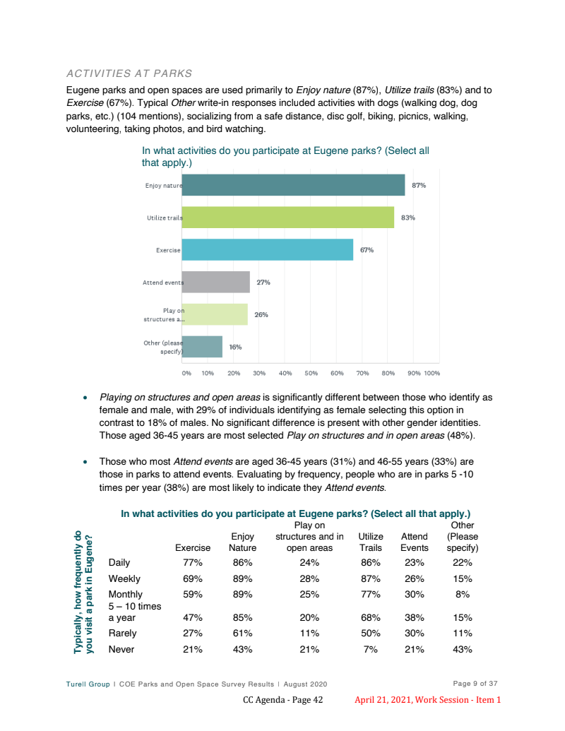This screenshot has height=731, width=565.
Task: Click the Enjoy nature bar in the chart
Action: [293, 185]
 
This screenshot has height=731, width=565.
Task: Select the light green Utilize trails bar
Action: [288, 218]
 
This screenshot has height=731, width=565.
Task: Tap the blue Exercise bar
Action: [268, 250]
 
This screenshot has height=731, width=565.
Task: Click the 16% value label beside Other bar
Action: [235, 347]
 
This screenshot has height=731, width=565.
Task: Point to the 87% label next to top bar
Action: [419, 185]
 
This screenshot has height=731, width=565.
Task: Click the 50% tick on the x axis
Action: [311, 372]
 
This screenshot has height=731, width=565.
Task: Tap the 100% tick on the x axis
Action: [432, 372]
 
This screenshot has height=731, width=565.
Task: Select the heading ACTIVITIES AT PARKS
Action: [129, 73]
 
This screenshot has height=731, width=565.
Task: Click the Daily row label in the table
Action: [119, 563]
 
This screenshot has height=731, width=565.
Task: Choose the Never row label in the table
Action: [121, 649]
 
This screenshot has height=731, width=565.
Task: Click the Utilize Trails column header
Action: [371, 542]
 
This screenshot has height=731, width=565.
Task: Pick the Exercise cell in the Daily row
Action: [193, 563]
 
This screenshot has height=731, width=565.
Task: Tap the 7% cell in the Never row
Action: [371, 649]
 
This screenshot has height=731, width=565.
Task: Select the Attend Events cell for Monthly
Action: [414, 594]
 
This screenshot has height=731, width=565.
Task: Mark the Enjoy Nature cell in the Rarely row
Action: [243, 633]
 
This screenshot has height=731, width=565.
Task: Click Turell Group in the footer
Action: [88, 684]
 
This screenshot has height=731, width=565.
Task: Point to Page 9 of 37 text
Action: [475, 683]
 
